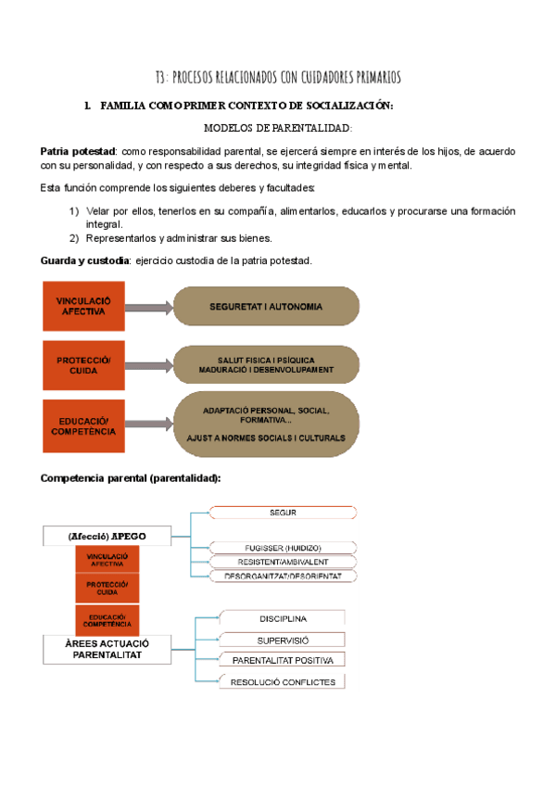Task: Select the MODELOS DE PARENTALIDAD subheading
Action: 277,128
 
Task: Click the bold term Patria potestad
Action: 78,151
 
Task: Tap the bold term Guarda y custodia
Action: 84,260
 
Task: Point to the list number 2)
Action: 74,238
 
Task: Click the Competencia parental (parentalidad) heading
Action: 131,478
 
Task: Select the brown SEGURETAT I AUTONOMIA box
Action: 266,307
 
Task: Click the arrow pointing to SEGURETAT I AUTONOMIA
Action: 148,307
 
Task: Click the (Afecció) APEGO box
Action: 107,536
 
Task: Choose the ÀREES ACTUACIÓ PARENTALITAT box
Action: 107,649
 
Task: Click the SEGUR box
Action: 283,513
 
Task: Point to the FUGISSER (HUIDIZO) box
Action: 283,547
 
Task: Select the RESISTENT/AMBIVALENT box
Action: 283,562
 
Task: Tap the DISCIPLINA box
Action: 283,618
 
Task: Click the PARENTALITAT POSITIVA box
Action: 283,660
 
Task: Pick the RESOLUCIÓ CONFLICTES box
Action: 283,681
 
